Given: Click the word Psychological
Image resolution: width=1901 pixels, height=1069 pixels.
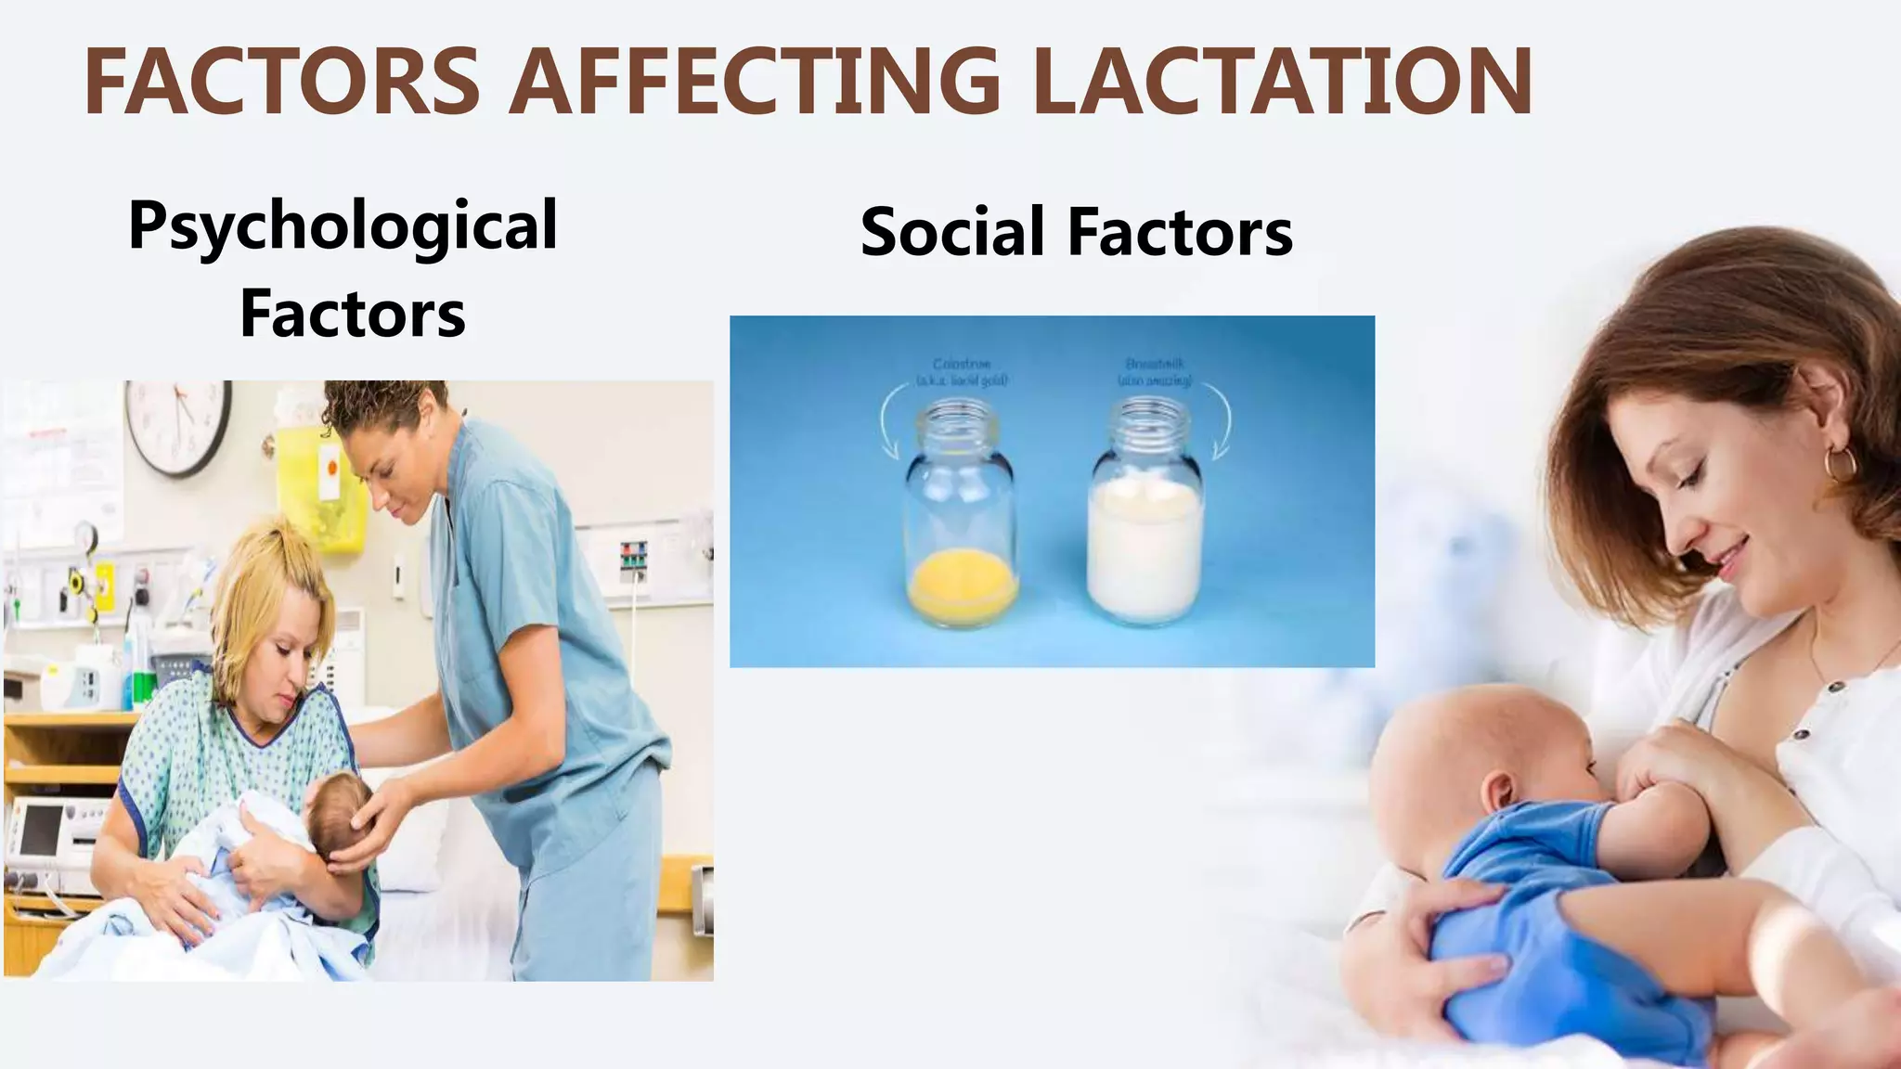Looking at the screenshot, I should [x=343, y=226].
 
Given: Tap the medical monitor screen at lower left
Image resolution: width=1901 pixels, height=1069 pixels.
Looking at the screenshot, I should [x=41, y=828].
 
